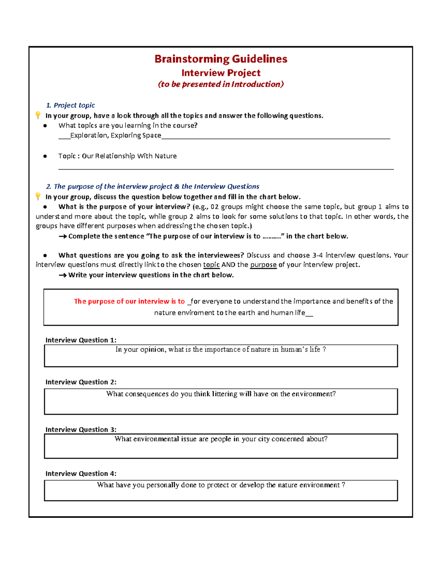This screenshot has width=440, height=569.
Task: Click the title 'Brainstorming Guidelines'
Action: [x=221, y=59]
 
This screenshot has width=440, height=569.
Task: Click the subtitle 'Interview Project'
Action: [x=221, y=73]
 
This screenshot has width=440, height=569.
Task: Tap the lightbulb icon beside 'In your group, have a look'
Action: [x=38, y=115]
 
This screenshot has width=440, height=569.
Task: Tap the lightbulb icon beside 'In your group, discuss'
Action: [x=38, y=196]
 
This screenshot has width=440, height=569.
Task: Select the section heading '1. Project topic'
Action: [x=70, y=106]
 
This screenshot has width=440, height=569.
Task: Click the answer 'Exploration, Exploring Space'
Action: [x=115, y=136]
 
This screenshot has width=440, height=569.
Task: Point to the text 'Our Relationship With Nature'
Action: [x=129, y=156]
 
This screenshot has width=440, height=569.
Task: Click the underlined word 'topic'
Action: [x=211, y=265]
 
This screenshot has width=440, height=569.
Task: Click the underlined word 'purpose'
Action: [x=263, y=265]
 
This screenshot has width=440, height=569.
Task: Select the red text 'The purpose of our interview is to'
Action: [x=129, y=302]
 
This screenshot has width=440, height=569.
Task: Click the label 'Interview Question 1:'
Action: [x=81, y=340]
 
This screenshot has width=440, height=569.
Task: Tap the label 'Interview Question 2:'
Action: [x=81, y=382]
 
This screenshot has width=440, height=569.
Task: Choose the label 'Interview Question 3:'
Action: [x=81, y=430]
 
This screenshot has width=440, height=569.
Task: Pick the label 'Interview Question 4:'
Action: [x=81, y=474]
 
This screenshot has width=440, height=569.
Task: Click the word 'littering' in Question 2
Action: [x=225, y=394]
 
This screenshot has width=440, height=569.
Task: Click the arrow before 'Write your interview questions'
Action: [x=62, y=275]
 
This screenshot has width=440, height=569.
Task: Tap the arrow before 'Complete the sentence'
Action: [x=62, y=237]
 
